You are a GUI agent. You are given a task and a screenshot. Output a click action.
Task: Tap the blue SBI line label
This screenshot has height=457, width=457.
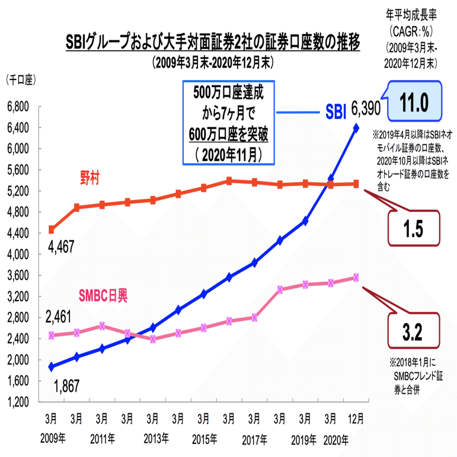click(335, 111)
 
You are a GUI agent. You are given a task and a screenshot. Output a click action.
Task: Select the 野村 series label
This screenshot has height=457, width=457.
click(90, 176)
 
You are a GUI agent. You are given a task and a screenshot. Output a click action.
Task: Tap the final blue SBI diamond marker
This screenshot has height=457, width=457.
click(356, 127)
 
